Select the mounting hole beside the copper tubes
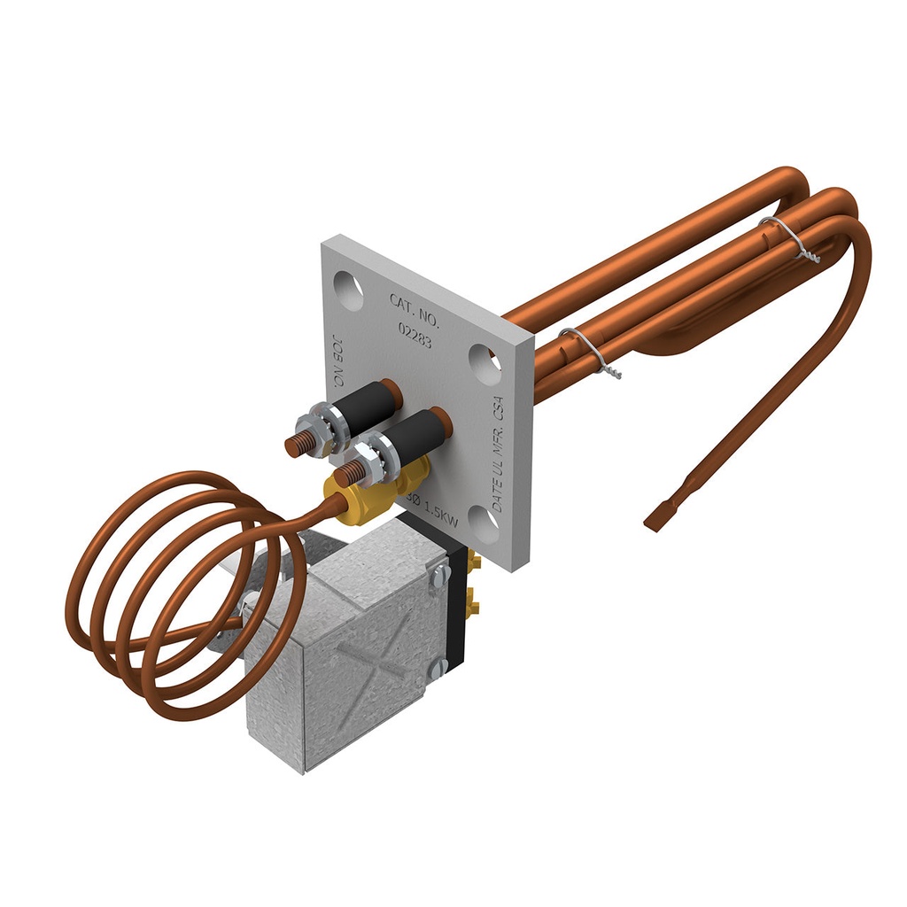tap(485, 362)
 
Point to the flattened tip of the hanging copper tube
tap(660, 519)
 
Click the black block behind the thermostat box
tap(457, 611)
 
